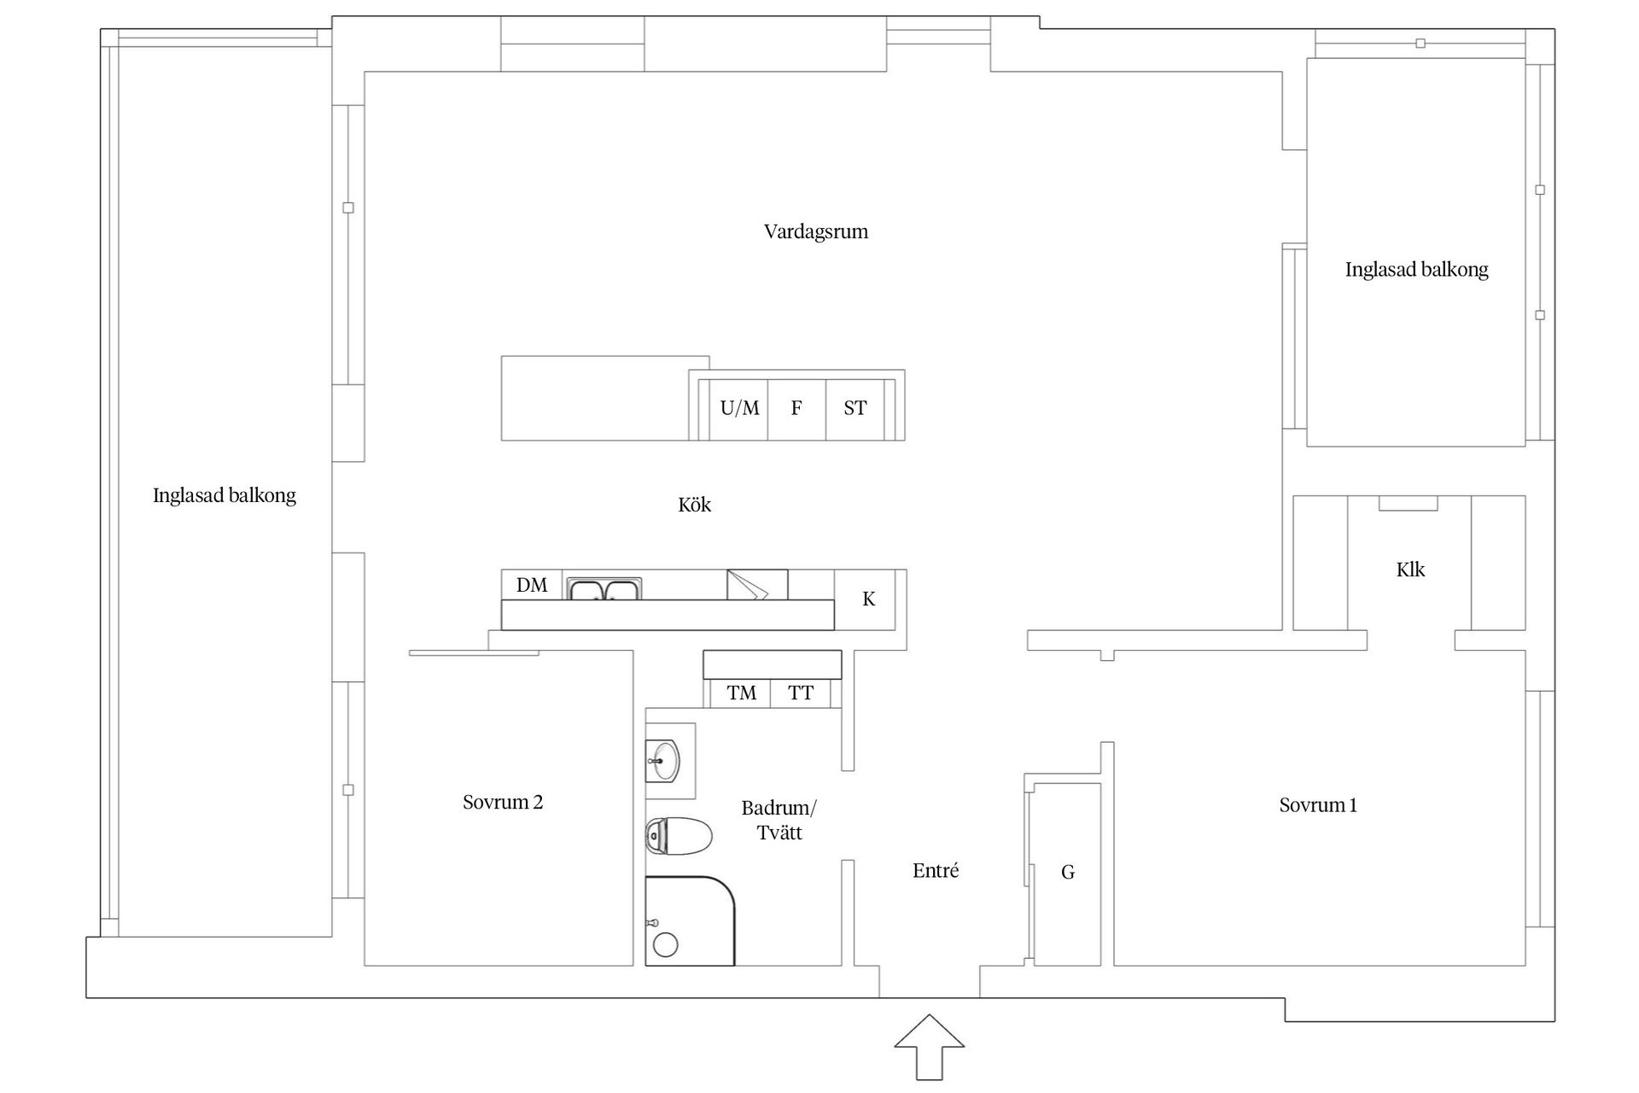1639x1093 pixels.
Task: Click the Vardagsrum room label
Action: pos(815,231)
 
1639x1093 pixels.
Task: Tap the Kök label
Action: pos(694,505)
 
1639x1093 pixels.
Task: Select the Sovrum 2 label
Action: pos(502,802)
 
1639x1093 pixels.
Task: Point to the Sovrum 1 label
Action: pos(1317,804)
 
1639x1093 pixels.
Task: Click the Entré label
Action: pos(935,870)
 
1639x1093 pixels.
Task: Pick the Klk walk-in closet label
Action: pos(1409,570)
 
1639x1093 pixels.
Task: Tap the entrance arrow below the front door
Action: pos(929,1046)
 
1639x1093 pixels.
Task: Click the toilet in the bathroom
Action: pos(678,836)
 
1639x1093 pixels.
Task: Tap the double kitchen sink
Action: pos(604,589)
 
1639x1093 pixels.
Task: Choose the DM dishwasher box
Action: pos(532,585)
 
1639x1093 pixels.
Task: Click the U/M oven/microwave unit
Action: pos(738,408)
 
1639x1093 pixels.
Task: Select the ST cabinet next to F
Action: pos(854,408)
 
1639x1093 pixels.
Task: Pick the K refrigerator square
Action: pos(868,599)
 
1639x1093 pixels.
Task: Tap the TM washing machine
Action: pos(741,693)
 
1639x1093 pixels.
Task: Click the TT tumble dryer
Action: pos(800,693)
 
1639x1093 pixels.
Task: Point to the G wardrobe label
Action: pos(1067,872)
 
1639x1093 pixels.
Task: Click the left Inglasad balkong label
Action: pos(224,495)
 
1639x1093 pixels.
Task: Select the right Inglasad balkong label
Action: pos(1416,270)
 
